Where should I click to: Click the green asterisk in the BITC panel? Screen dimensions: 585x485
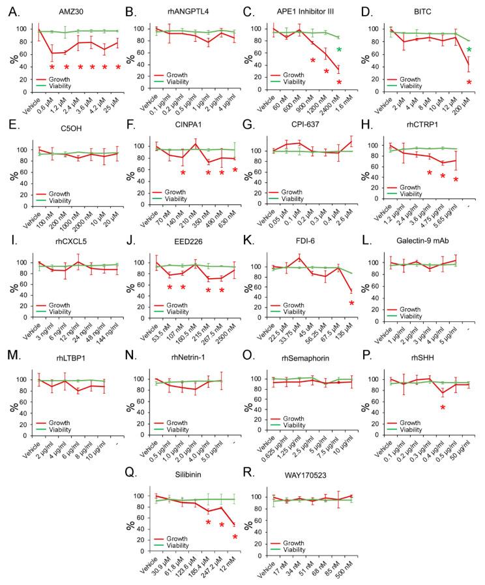click(x=469, y=50)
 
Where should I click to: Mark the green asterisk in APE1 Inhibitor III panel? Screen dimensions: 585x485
click(x=339, y=50)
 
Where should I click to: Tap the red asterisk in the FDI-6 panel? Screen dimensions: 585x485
click(x=352, y=303)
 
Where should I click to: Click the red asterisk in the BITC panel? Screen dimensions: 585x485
click(x=469, y=82)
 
